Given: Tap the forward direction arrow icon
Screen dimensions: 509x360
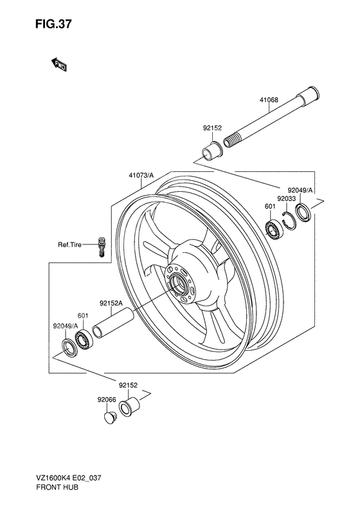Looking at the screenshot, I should point(59,63).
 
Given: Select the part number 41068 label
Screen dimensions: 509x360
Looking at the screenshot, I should point(270,100).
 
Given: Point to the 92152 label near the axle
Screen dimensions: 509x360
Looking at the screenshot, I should point(213,128).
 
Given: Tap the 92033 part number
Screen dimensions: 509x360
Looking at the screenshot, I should point(286,199).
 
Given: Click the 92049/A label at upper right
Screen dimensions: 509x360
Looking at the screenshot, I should point(300,190).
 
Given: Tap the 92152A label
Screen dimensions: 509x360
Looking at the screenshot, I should point(111,302).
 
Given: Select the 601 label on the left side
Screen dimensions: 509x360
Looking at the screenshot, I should point(82,315).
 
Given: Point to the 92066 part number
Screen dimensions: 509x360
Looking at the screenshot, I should point(107,399).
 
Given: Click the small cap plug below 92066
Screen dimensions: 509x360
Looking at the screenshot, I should point(110,419).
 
